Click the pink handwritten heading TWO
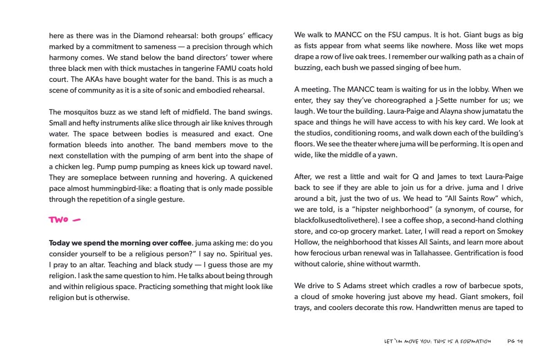(x=59, y=220)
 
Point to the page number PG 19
(x=515, y=341)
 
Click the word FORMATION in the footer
(x=476, y=341)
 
